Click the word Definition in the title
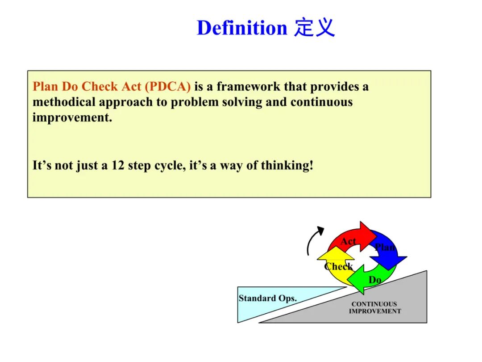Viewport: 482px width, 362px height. (241, 28)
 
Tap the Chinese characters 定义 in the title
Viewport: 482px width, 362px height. (314, 28)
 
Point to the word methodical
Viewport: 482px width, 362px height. (64, 102)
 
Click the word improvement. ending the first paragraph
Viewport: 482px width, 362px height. (72, 118)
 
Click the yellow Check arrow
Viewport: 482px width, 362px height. (336, 267)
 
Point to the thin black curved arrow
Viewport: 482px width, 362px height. (314, 239)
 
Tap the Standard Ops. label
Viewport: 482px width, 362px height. (267, 299)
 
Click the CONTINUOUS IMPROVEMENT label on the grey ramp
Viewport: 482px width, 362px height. (374, 307)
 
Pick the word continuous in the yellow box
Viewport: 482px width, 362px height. (321, 102)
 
